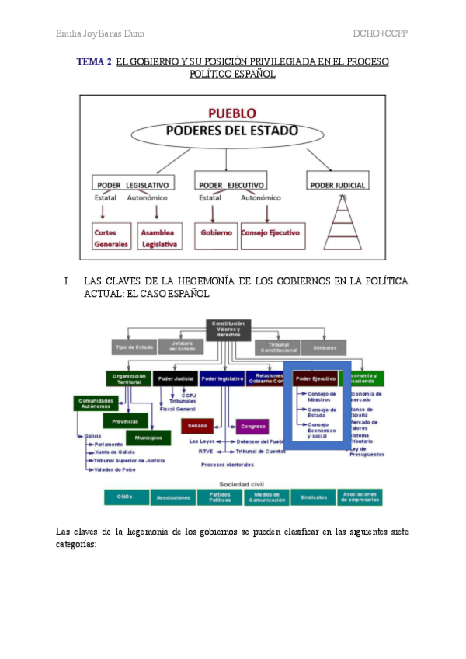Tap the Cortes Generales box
point(111,238)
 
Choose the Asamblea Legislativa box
point(158,238)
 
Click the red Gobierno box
point(217,232)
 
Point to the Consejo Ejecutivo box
point(271,232)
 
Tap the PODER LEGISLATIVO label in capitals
point(131,185)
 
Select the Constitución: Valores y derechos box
point(228,329)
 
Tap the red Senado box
point(196,426)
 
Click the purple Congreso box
point(252,426)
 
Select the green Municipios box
point(148,438)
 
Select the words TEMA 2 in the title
point(95,61)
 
